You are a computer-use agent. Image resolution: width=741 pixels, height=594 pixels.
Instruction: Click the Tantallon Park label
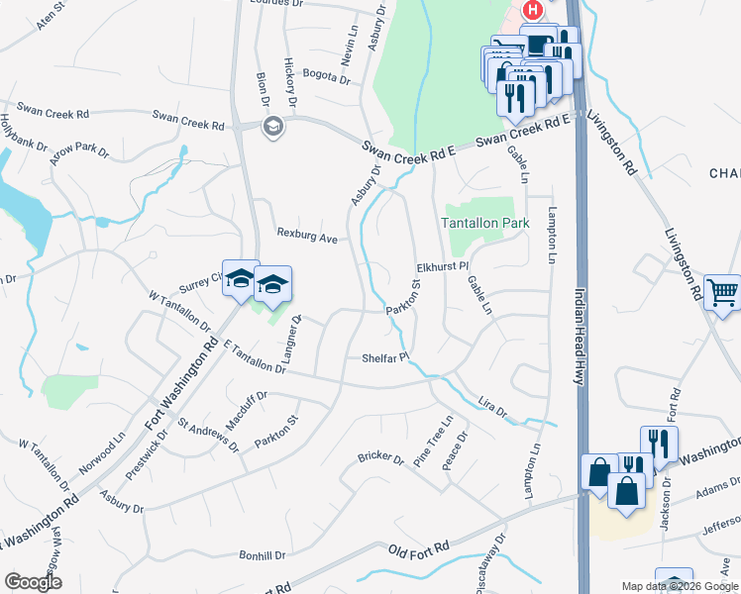[x=485, y=224]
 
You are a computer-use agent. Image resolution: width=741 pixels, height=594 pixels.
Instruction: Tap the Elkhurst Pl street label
[x=441, y=267]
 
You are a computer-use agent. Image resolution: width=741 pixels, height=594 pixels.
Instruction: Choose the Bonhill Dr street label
[x=261, y=556]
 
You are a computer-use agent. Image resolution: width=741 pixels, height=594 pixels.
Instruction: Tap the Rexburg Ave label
[x=308, y=238]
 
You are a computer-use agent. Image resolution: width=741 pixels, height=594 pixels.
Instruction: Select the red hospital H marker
[x=533, y=10]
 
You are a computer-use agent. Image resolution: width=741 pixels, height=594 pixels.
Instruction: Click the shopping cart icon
[x=724, y=291]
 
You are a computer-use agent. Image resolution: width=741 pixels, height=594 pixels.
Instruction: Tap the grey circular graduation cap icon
[x=272, y=126]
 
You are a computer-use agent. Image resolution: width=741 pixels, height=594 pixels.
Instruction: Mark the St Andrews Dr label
[x=207, y=434]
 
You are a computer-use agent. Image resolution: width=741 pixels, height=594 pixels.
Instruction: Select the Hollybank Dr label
[x=23, y=132]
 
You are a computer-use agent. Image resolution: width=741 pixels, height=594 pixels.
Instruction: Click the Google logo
[x=33, y=582]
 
